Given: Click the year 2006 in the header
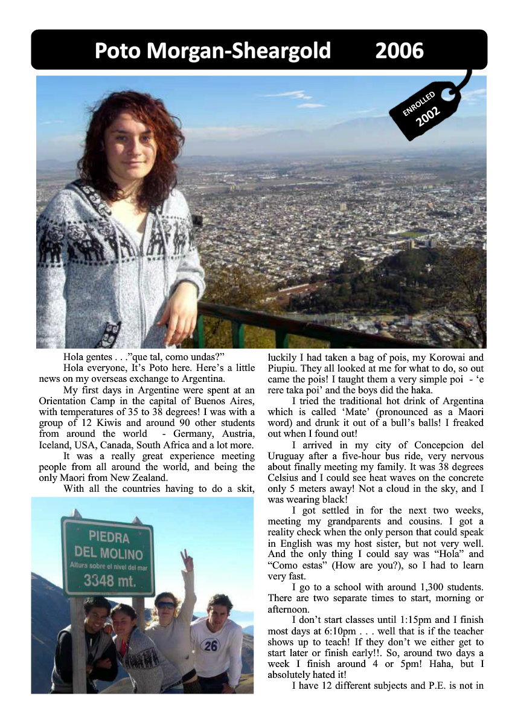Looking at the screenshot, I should pyautogui.click(x=399, y=51).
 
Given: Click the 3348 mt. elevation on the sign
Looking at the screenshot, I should pyautogui.click(x=109, y=582).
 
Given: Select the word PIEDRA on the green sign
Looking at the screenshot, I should pyautogui.click(x=109, y=536).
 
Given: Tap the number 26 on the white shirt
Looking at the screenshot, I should pyautogui.click(x=211, y=645).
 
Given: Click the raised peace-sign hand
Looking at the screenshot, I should pyautogui.click(x=187, y=560).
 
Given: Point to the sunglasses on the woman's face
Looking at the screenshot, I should pyautogui.click(x=165, y=604).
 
